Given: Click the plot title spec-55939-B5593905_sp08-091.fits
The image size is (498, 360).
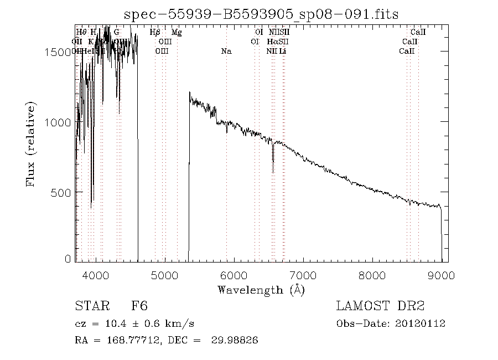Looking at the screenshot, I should [261, 14].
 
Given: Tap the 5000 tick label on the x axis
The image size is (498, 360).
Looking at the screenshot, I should [165, 275].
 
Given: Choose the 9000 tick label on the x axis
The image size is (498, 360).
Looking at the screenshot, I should [441, 275].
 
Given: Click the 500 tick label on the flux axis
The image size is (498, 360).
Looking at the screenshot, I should [62, 192].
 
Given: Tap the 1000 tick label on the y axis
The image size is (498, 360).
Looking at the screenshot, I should [59, 122].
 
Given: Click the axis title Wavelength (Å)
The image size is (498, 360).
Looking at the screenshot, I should [261, 290].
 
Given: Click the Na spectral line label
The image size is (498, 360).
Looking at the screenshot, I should [226, 52].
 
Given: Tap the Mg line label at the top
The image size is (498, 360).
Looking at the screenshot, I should [177, 33].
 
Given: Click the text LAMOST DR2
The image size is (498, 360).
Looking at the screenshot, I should [380, 306].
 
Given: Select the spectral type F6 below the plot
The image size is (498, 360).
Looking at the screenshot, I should [139, 306].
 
